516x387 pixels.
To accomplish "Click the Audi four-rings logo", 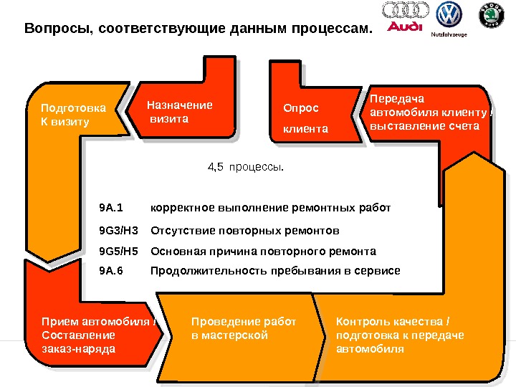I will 406,10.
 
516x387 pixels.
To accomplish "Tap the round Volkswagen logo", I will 450,14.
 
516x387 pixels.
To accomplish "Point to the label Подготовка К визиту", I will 72,115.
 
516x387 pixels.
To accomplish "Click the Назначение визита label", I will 180,112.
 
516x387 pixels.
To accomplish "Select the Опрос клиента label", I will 305,119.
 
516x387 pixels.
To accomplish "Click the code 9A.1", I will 111,208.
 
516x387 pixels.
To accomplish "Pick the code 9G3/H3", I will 118,231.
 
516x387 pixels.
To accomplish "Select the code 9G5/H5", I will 118,252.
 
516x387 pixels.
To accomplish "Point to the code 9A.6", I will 111,271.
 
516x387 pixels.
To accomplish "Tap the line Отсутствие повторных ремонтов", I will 244,231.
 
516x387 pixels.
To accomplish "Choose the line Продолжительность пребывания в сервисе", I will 275,271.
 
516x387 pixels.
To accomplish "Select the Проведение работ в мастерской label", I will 244,328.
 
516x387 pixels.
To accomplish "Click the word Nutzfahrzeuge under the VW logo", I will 449,34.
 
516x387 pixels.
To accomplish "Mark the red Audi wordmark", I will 405,27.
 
